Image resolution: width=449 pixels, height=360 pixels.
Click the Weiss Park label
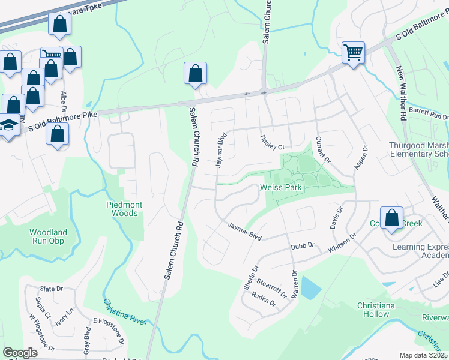280,188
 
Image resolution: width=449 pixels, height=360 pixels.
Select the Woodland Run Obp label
49,236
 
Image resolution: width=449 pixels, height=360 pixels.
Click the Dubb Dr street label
303,245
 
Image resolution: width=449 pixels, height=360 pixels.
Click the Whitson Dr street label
342,245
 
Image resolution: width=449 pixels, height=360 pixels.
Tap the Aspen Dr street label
360,157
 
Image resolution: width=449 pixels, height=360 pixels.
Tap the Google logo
20,353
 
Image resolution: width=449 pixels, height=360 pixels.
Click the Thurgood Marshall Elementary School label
418,149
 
